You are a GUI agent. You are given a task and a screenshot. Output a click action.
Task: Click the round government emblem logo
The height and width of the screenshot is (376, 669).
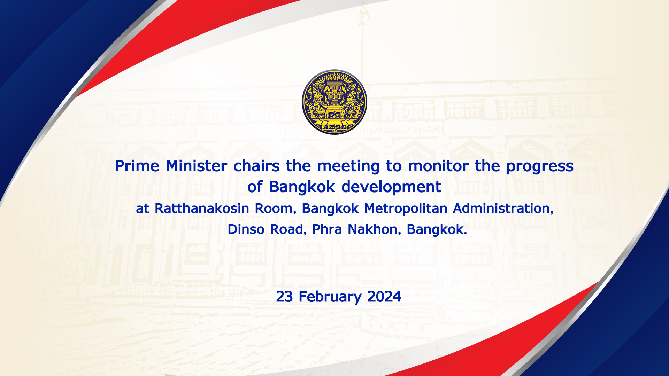click(334, 102)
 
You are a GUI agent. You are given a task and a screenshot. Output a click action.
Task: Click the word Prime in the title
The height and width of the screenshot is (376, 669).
click(137, 166)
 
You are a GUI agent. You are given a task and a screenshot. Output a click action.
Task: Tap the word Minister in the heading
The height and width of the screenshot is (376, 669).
click(197, 166)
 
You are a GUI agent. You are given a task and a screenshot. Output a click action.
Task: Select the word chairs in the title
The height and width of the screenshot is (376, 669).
click(256, 166)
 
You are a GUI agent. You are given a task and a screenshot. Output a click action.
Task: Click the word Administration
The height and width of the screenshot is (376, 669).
click(503, 209)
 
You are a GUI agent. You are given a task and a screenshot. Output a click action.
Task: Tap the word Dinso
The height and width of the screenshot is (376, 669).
click(246, 229)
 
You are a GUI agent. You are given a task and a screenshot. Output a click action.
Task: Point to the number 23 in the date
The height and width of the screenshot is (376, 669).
click(284, 297)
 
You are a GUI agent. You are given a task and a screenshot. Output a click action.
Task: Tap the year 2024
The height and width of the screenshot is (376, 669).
click(384, 297)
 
